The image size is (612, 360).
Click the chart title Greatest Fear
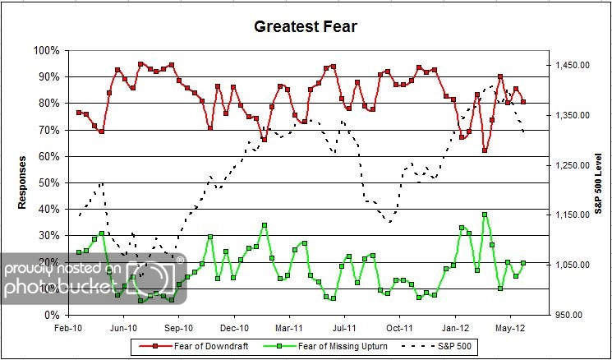[306, 26]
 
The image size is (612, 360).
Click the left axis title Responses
[24, 182]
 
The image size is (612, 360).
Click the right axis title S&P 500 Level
[597, 182]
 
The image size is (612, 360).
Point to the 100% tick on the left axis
[47, 50]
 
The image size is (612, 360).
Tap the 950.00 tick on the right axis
[572, 315]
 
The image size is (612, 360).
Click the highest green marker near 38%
[485, 215]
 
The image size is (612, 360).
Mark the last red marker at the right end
[523, 102]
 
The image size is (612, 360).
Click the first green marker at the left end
[79, 252]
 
